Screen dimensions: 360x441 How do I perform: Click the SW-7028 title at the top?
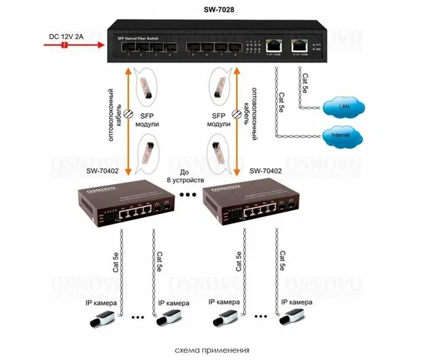coord(219,10)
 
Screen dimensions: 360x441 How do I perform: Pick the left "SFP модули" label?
coord(150,120)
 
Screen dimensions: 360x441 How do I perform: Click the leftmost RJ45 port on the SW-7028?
coord(271,47)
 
